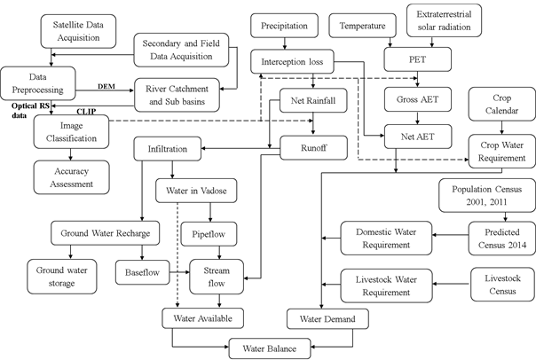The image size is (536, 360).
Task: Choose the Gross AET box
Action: pos(413,100)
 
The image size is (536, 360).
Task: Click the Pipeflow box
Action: pos(210,237)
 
